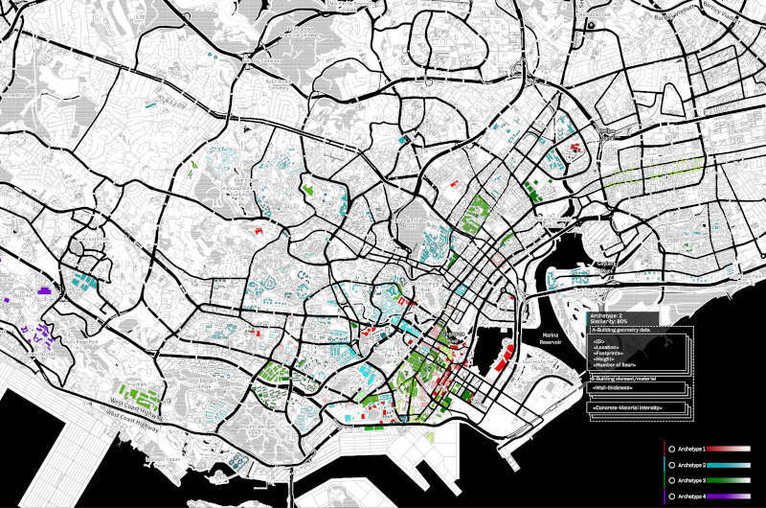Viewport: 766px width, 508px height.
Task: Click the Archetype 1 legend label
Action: pyautogui.click(x=691, y=449)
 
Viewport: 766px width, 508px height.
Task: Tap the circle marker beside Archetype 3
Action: pyautogui.click(x=671, y=479)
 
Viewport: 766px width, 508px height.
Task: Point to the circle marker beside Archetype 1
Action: pyautogui.click(x=671, y=449)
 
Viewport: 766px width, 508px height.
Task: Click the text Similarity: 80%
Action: pyautogui.click(x=609, y=321)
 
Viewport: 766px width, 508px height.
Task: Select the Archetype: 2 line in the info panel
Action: pyautogui.click(x=607, y=314)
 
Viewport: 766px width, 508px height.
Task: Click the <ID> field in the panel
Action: pyautogui.click(x=598, y=339)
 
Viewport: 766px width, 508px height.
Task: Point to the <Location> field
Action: pyautogui.click(x=605, y=346)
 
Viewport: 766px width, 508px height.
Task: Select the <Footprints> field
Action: pyautogui.click(x=607, y=353)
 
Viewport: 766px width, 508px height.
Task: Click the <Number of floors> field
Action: pyautogui.click(x=615, y=365)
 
